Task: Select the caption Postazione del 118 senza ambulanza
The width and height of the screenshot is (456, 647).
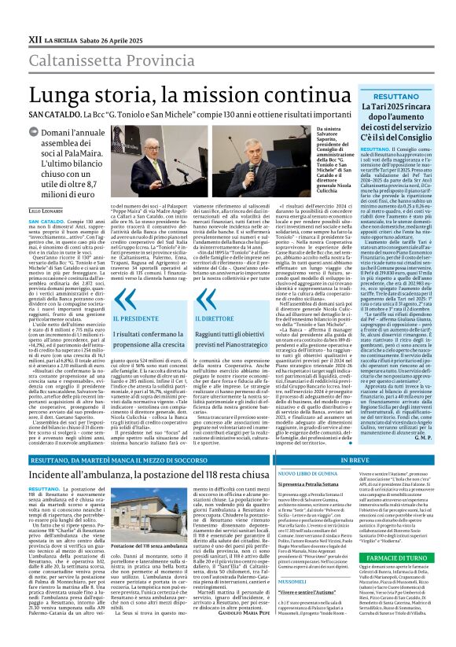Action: click(x=145, y=568)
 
